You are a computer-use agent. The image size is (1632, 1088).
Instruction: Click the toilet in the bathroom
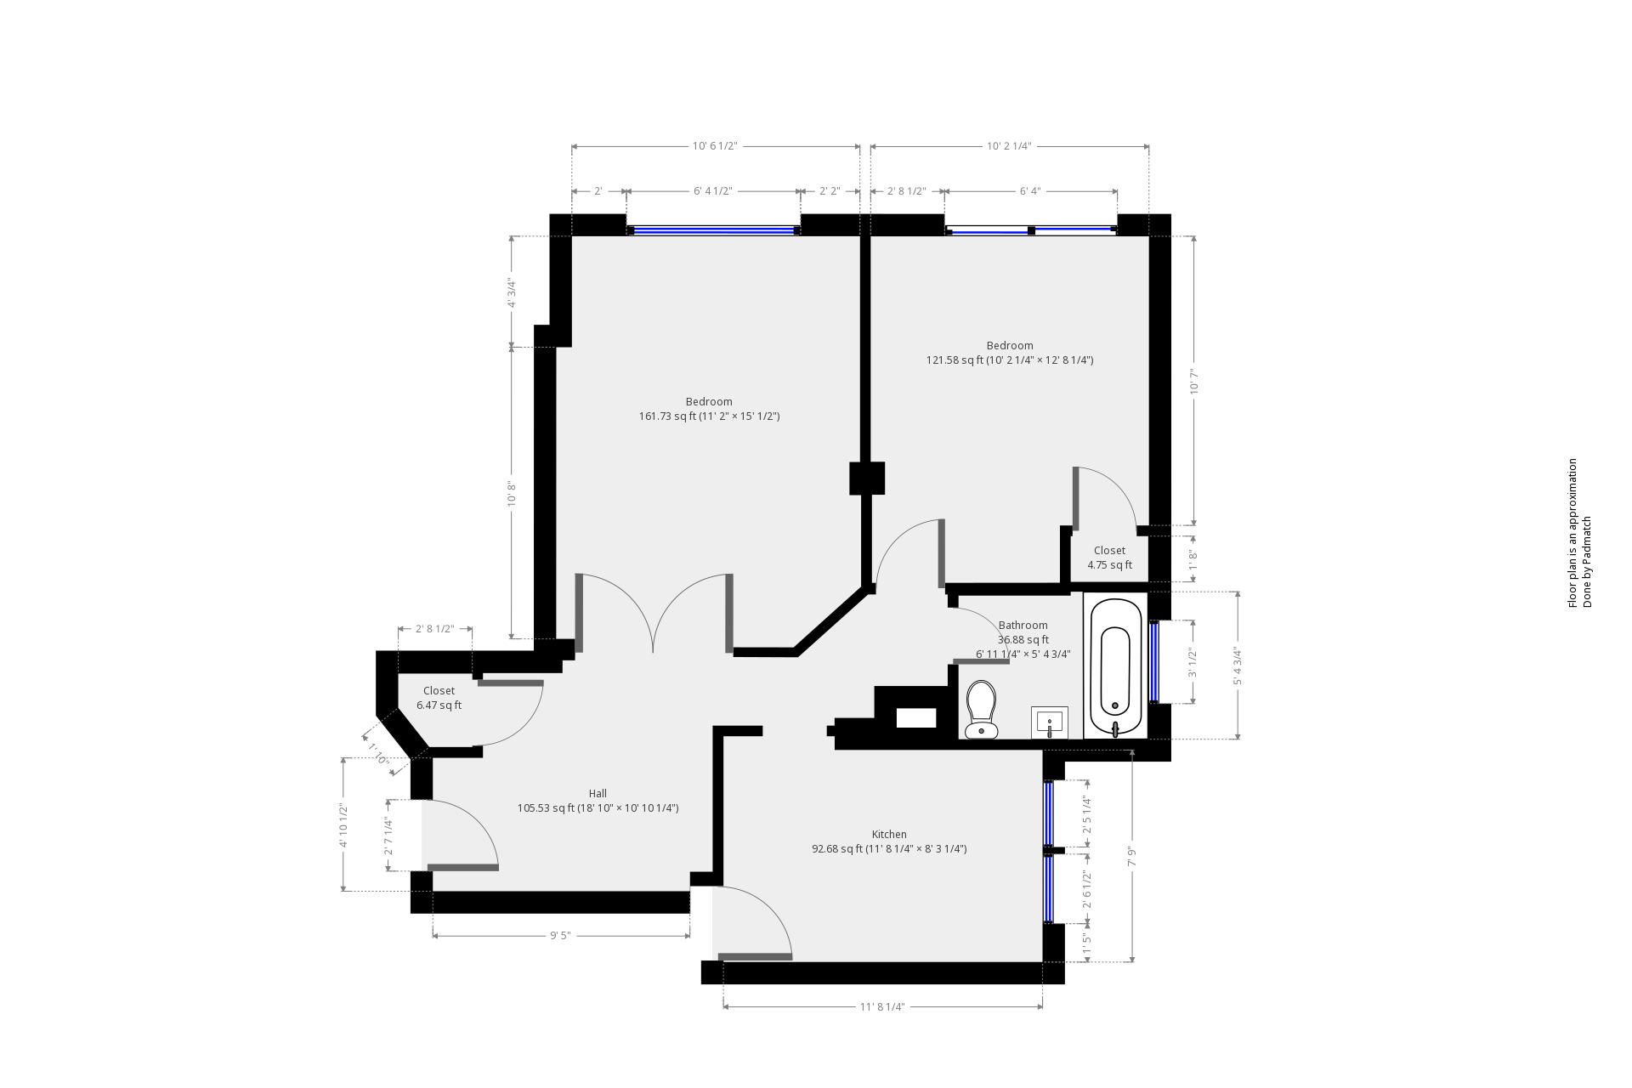point(982,708)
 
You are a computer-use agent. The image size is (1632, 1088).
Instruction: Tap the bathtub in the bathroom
point(1115,668)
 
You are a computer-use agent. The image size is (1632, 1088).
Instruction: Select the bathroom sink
point(1050,722)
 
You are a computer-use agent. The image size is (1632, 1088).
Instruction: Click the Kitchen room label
point(889,835)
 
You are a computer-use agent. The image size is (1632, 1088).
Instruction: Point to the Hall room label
point(598,794)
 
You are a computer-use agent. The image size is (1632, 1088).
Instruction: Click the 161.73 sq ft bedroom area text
point(709,416)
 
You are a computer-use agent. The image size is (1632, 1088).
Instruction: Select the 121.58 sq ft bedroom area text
point(1009,360)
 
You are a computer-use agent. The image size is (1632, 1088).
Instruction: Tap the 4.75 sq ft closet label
point(1109,565)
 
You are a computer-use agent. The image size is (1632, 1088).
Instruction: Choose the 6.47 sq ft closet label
point(439,705)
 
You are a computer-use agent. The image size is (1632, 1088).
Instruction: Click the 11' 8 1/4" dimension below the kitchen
point(881,1007)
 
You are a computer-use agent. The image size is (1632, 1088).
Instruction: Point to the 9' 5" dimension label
point(559,936)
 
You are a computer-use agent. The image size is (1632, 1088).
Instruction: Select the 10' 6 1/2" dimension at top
point(714,146)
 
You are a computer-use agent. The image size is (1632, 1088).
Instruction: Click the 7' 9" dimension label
point(1132,856)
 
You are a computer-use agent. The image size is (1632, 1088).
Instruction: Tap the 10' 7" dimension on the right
point(1194,381)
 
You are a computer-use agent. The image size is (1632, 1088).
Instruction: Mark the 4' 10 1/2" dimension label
point(343,825)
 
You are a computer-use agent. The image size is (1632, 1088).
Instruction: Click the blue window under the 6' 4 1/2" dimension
point(713,229)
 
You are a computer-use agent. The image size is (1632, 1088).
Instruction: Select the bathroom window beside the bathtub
point(1153,662)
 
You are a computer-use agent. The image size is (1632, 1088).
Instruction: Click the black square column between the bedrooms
point(867,479)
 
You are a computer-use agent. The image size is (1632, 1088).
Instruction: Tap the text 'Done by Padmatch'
point(1586,562)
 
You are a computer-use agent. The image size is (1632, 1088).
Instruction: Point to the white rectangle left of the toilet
point(916,718)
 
